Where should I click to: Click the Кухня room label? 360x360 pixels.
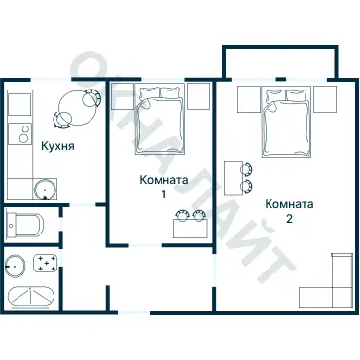pyautogui.click(x=57, y=146)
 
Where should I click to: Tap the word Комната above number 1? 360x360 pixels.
pyautogui.click(x=163, y=180)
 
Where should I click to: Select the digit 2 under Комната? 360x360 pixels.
pyautogui.click(x=289, y=219)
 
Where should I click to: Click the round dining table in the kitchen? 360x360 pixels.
pyautogui.click(x=78, y=108)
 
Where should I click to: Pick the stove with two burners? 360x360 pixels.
pyautogui.click(x=19, y=133)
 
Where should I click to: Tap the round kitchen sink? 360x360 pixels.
pyautogui.click(x=45, y=189)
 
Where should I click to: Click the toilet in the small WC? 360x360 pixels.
pyautogui.click(x=24, y=225)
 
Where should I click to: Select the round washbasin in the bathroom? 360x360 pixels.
pyautogui.click(x=16, y=266)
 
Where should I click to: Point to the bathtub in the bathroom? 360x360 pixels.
pyautogui.click(x=31, y=298)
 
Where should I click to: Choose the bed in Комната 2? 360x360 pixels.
pyautogui.click(x=286, y=123)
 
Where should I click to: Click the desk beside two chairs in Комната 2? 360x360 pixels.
pyautogui.click(x=234, y=178)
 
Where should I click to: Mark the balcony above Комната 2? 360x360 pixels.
pyautogui.click(x=280, y=62)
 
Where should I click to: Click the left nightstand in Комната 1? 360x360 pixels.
pyautogui.click(x=123, y=96)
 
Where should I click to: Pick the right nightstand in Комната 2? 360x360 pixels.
pyautogui.click(x=325, y=99)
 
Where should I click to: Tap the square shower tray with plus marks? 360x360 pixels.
pyautogui.click(x=46, y=263)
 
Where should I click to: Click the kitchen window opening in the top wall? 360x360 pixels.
pyautogui.click(x=51, y=79)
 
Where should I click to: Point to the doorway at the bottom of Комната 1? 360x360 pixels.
pyautogui.click(x=145, y=245)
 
